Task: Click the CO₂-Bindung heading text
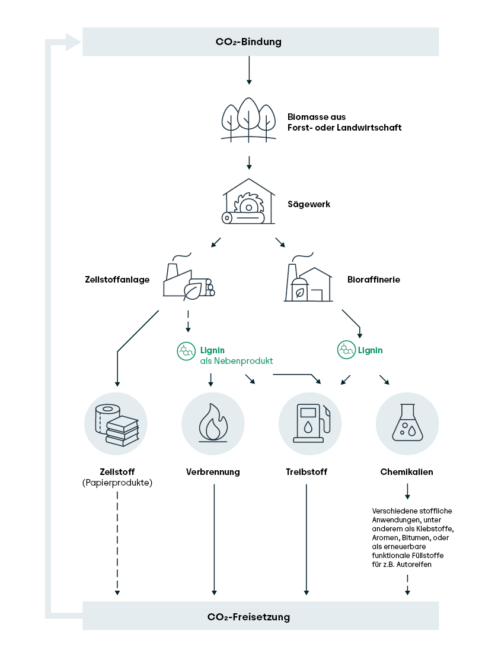[x=248, y=42]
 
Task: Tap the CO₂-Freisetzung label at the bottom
[x=248, y=617]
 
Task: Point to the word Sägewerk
[x=308, y=204]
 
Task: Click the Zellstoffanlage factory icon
[x=188, y=278]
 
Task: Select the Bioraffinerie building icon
[x=308, y=278]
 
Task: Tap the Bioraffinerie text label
[x=373, y=279]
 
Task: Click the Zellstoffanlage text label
[x=117, y=279]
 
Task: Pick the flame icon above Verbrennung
[x=213, y=424]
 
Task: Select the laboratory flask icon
[x=407, y=424]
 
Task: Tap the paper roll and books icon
[x=116, y=424]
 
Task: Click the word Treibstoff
[x=306, y=472]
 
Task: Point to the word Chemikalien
[x=407, y=472]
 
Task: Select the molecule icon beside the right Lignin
[x=346, y=350]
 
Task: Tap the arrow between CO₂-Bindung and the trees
[x=249, y=71]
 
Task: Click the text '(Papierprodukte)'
[x=117, y=483]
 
